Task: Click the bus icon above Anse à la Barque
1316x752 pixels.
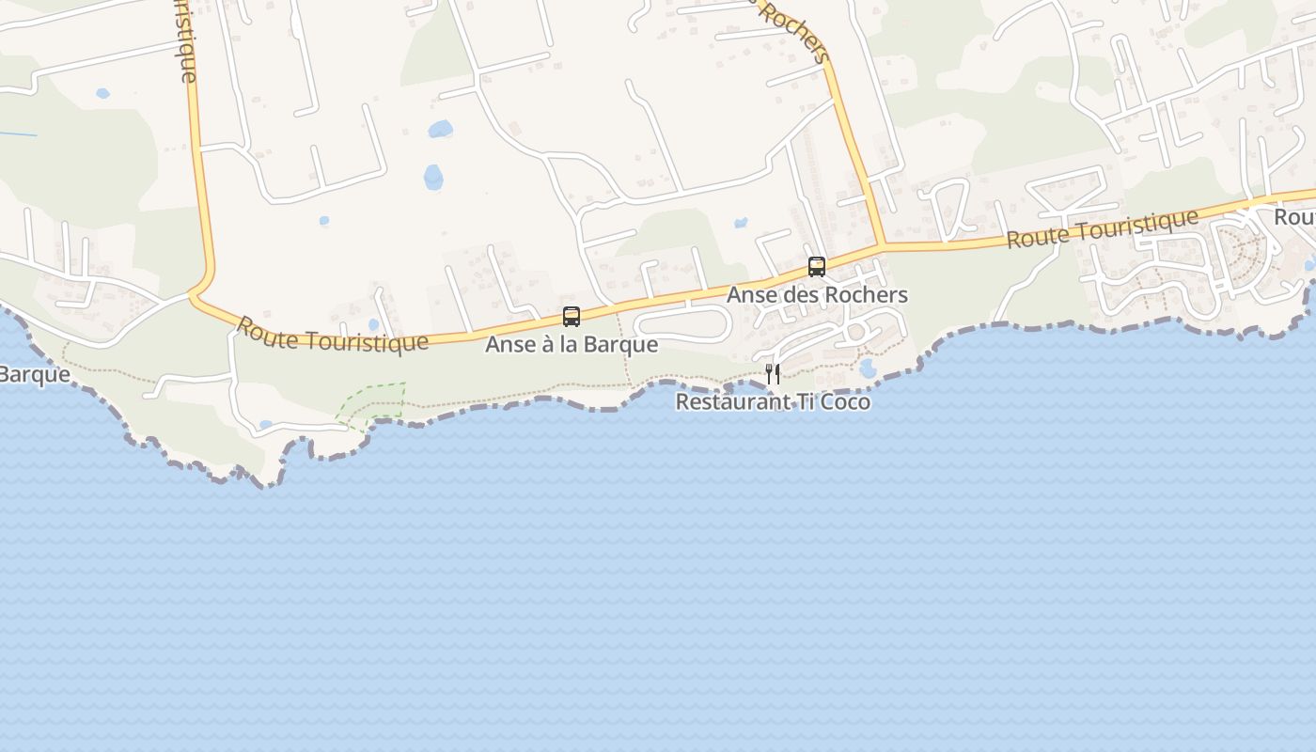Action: [x=572, y=317]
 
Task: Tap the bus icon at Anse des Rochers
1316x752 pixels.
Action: [x=816, y=266]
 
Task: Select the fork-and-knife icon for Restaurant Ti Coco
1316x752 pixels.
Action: [x=773, y=374]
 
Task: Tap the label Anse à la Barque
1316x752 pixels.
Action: [x=572, y=345]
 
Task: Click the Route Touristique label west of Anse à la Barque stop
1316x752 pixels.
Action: [x=331, y=335]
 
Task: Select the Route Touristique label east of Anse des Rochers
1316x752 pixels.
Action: [x=1102, y=228]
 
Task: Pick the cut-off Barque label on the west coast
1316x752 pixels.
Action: [x=34, y=374]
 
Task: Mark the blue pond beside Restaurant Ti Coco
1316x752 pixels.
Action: [x=867, y=368]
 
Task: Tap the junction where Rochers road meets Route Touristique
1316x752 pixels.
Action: [x=881, y=246]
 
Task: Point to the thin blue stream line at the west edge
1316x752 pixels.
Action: [x=19, y=133]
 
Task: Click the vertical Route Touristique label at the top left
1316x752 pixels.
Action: [x=187, y=42]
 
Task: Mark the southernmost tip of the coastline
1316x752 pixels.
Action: [x=268, y=485]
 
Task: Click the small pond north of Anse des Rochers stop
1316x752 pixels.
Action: [x=741, y=224]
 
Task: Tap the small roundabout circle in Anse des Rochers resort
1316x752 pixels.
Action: [x=854, y=331]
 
